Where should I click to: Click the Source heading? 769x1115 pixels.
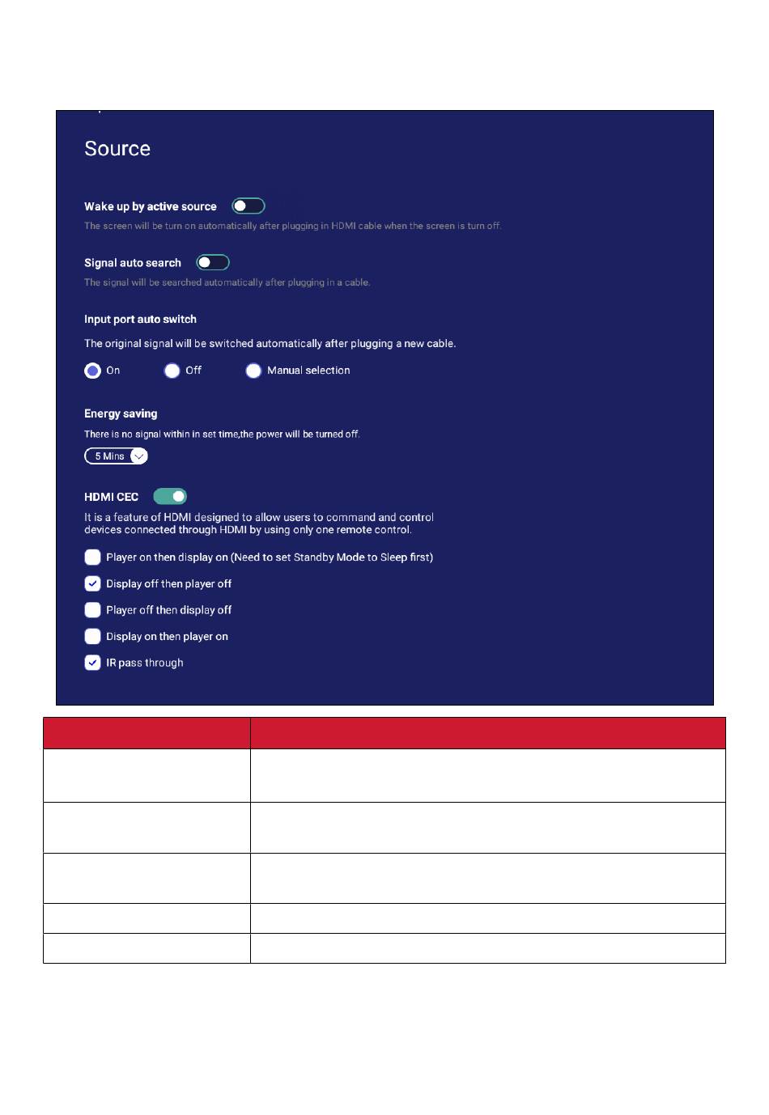[117, 149]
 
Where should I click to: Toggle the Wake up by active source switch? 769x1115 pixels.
[249, 206]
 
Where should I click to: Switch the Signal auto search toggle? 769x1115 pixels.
[213, 262]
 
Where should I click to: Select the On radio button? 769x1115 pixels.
[93, 371]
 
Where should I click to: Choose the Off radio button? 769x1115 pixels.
[172, 371]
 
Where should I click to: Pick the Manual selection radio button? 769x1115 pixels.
[253, 371]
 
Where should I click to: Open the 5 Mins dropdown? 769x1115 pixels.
[116, 456]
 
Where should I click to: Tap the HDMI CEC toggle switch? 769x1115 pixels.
[170, 496]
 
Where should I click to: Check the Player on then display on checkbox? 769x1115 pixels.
[93, 557]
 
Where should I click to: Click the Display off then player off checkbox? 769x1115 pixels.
[93, 583]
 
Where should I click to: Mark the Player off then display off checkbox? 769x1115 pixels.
[93, 610]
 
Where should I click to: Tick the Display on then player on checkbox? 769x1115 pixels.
[93, 636]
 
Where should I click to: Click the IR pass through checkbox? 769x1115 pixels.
[93, 663]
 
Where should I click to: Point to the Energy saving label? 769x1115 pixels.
[121, 413]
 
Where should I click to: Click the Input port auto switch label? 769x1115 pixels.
[140, 320]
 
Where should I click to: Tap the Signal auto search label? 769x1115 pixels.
[133, 263]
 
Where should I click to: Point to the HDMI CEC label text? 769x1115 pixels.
[111, 497]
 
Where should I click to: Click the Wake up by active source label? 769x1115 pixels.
[151, 207]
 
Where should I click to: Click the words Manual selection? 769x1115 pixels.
[308, 371]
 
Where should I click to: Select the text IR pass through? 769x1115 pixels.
[145, 663]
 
